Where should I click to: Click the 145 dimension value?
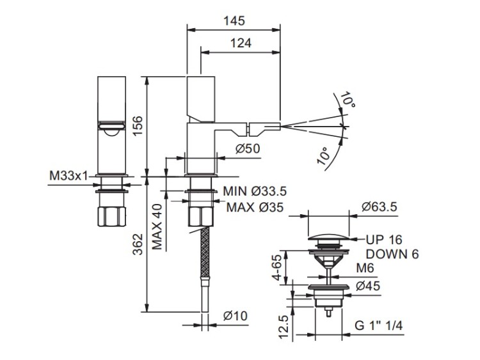[234, 21]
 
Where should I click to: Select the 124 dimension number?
[241, 43]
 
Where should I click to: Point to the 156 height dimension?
[138, 126]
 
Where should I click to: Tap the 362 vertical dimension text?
[138, 244]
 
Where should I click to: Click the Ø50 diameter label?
[248, 148]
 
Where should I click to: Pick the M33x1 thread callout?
[68, 176]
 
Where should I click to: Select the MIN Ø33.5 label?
[255, 191]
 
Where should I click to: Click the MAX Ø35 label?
[255, 207]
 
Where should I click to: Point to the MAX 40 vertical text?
[157, 226]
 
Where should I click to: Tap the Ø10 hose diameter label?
[235, 316]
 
